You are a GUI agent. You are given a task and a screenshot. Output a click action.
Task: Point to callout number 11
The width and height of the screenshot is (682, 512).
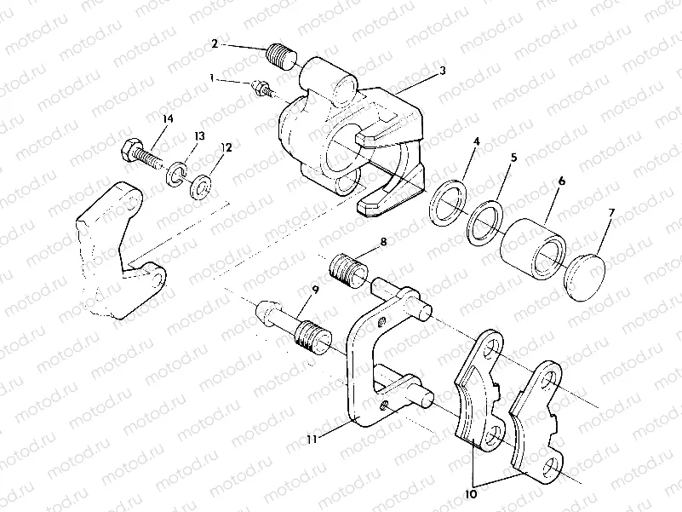(312, 439)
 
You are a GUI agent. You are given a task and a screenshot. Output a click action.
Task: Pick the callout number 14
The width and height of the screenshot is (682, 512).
(167, 119)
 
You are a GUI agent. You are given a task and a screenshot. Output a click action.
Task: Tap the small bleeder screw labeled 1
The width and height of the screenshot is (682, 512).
(263, 87)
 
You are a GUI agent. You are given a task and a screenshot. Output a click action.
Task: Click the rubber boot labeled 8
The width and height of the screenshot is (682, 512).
(347, 270)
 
